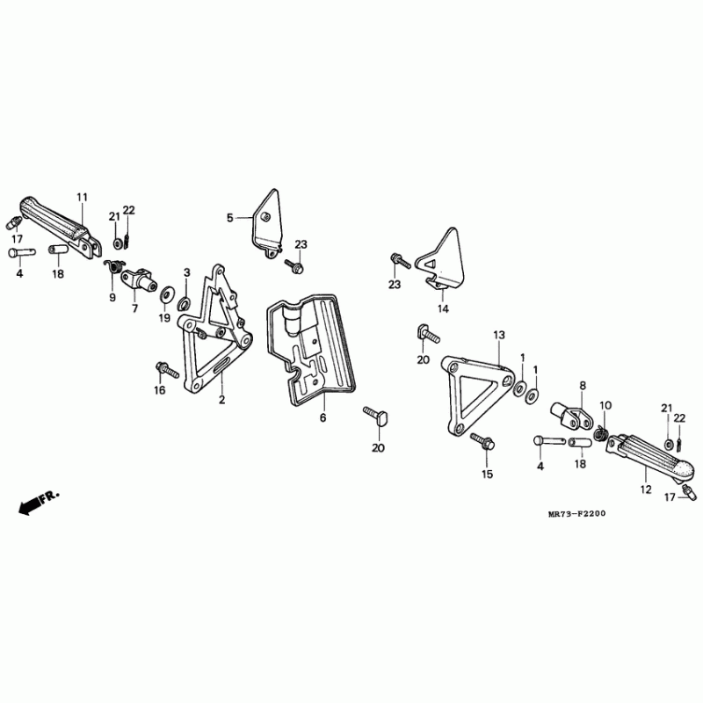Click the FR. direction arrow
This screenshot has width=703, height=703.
[x=39, y=504]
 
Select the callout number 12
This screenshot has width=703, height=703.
[x=646, y=488]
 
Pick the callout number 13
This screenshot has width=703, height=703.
[x=499, y=336]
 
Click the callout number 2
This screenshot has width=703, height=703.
[x=221, y=400]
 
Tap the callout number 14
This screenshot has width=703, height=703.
[x=443, y=308]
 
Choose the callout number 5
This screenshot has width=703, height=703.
[x=231, y=217]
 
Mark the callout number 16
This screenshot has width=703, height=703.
[x=160, y=389]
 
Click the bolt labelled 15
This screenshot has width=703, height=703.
[x=481, y=441]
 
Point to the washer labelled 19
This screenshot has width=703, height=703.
[x=166, y=290]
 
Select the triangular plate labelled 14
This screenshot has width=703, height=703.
[x=444, y=260]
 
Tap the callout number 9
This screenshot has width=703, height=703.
[x=112, y=298]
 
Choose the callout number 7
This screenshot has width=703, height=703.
[x=135, y=308]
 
